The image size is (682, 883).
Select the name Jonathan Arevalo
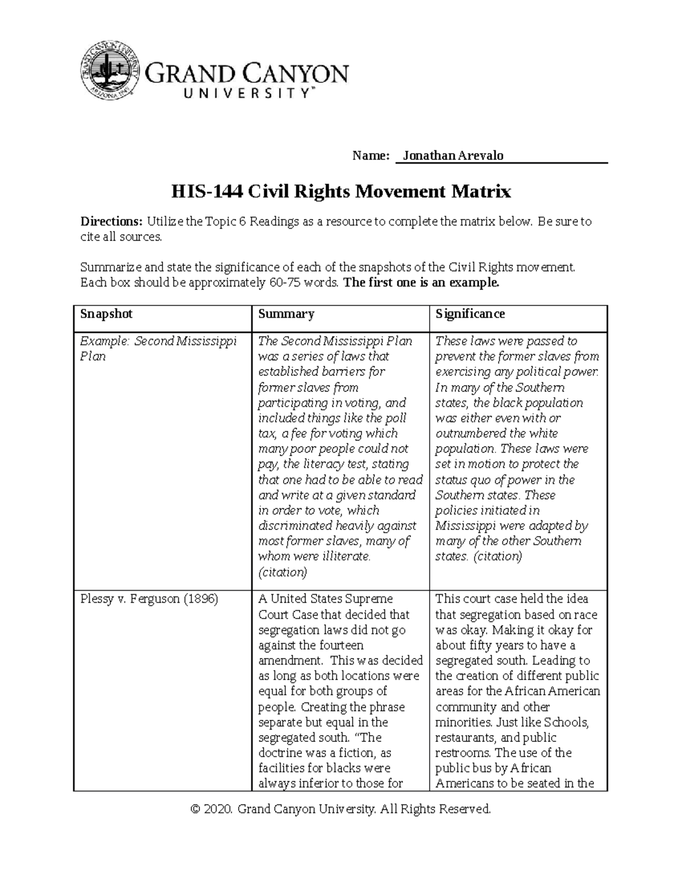pyautogui.click(x=452, y=155)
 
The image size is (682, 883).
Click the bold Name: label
pyautogui.click(x=371, y=155)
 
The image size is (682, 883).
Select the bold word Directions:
pyautogui.click(x=111, y=222)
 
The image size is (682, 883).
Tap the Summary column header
pyautogui.click(x=286, y=314)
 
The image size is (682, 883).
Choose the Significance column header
pyautogui.click(x=470, y=314)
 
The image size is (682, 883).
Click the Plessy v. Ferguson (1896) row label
pyautogui.click(x=149, y=599)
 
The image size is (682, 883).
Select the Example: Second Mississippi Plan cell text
pyautogui.click(x=158, y=349)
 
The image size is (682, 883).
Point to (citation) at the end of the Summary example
pyautogui.click(x=282, y=572)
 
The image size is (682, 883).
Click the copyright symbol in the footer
pyautogui.click(x=197, y=809)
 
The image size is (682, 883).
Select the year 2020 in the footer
pyautogui.click(x=218, y=809)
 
